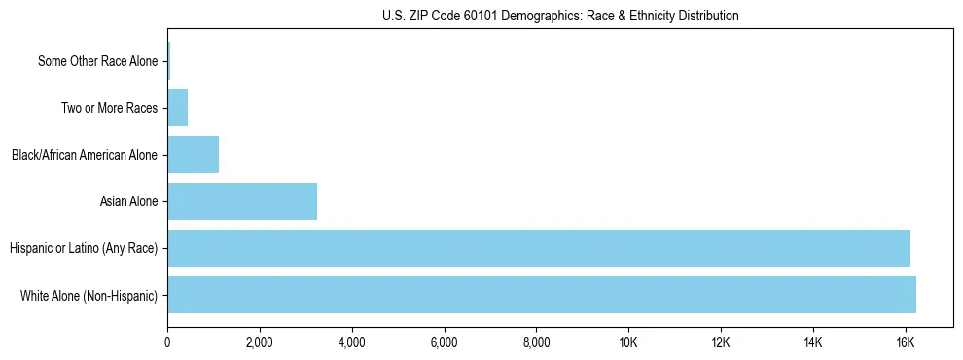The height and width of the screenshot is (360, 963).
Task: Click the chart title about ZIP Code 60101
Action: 559,16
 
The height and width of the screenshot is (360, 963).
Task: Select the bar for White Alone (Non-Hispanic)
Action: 542,295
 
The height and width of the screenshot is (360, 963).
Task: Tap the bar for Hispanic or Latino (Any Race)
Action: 539,248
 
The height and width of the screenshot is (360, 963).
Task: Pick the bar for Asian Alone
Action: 242,201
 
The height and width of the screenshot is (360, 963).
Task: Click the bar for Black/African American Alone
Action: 193,155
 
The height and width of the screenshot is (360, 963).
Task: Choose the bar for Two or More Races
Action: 177,108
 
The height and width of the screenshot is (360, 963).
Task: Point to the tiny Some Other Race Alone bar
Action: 168,61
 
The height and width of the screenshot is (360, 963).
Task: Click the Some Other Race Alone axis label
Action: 97,61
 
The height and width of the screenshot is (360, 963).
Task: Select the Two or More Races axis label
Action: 109,108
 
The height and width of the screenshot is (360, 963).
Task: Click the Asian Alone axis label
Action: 128,201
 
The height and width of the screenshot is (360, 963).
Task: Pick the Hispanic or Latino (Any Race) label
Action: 83,248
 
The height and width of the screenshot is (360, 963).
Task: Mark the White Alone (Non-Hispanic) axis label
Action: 89,295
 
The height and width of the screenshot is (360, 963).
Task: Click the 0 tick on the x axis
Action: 167,342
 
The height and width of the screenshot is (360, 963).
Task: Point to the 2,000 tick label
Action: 260,342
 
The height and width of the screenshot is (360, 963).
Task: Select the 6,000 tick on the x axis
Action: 444,342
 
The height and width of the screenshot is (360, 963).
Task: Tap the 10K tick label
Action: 628,342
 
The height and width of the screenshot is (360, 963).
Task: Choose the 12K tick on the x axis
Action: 721,342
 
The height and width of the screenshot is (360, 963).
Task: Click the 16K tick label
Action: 905,342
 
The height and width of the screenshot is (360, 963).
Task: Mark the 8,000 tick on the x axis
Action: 536,342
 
